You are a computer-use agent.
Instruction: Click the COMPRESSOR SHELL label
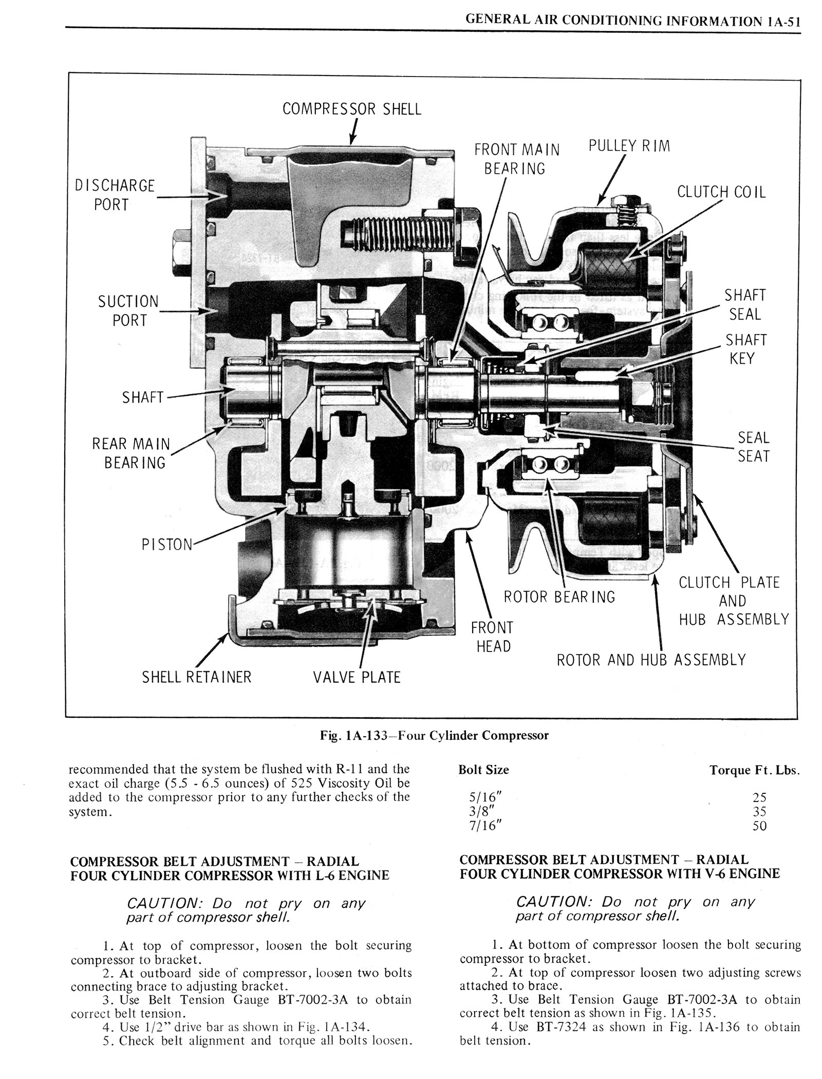point(352,109)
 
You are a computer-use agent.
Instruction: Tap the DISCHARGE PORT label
point(115,195)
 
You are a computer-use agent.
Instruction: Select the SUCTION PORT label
point(129,310)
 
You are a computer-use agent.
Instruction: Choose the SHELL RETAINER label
point(197,677)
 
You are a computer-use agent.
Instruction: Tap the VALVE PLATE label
point(357,677)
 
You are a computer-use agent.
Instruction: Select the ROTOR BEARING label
point(559,597)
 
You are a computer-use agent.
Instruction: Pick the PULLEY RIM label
point(629,146)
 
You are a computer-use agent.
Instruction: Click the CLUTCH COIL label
point(721,192)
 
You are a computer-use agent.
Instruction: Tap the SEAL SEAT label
point(754,447)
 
